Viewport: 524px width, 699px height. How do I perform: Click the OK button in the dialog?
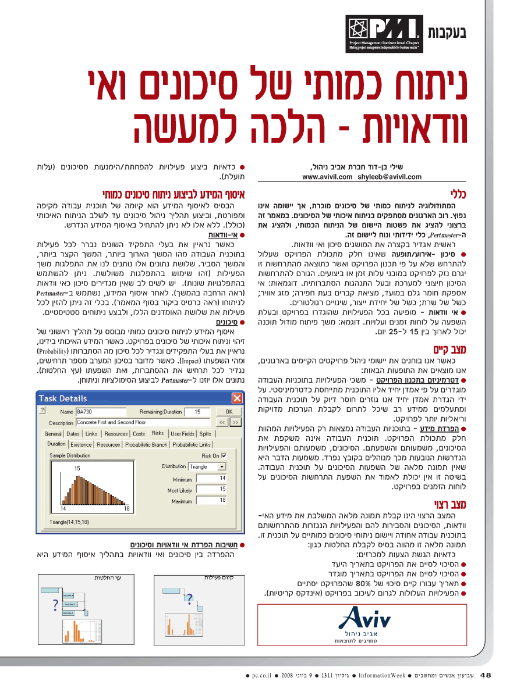click(229, 411)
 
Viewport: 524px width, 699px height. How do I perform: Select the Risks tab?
click(158, 433)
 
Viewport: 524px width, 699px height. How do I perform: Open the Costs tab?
click(139, 433)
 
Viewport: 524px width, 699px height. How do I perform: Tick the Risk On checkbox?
click(224, 456)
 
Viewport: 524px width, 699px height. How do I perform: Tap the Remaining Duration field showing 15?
click(198, 411)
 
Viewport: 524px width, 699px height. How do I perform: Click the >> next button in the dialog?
click(235, 422)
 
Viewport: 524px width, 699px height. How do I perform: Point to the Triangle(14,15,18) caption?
click(69, 522)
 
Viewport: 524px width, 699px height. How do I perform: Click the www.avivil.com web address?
click(327, 176)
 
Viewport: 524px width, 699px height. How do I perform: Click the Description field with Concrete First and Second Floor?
click(143, 422)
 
